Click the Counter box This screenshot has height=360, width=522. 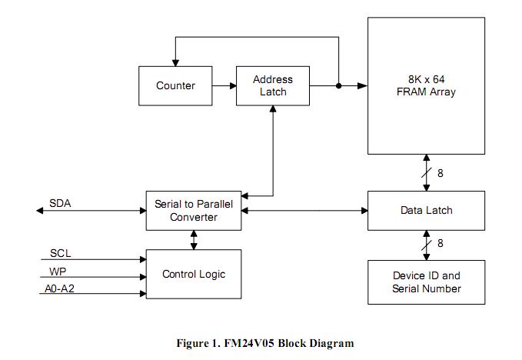point(175,85)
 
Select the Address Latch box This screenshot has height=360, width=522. point(273,85)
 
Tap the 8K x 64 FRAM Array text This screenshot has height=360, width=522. point(427,85)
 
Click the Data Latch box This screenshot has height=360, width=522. point(427,210)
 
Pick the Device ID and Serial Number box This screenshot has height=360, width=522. point(427,282)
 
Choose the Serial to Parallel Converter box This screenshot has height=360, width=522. point(193,210)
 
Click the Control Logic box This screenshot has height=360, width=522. point(193,274)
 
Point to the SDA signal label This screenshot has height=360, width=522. point(60,204)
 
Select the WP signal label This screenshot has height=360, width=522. point(57,272)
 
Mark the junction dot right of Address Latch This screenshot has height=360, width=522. point(338,85)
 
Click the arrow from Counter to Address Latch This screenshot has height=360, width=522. point(225,85)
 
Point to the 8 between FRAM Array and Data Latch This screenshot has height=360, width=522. point(441,173)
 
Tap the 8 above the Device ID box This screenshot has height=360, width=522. point(441,244)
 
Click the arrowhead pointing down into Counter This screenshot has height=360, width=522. point(175,62)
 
